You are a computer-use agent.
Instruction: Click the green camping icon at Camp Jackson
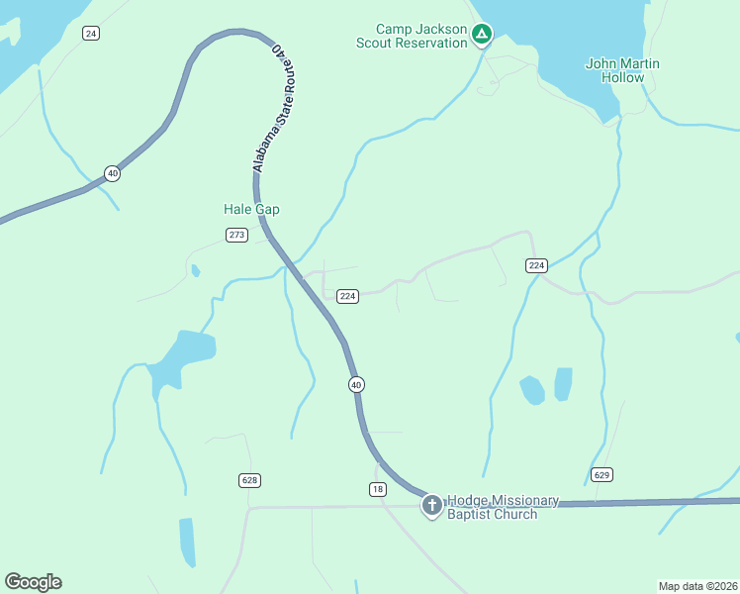pyautogui.click(x=481, y=36)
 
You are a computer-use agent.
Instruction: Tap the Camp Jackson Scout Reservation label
pyautogui.click(x=413, y=36)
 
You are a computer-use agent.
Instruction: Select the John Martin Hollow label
pyautogui.click(x=622, y=70)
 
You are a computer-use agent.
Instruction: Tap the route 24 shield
pyautogui.click(x=91, y=34)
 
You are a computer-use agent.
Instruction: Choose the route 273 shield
pyautogui.click(x=236, y=235)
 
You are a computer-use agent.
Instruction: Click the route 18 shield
pyautogui.click(x=377, y=489)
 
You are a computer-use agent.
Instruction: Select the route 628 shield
pyautogui.click(x=249, y=480)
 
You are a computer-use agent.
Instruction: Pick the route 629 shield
pyautogui.click(x=601, y=475)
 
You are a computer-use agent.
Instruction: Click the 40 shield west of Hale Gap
pyautogui.click(x=113, y=173)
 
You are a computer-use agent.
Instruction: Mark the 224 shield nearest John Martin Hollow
pyautogui.click(x=536, y=265)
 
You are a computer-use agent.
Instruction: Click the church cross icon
pyautogui.click(x=431, y=506)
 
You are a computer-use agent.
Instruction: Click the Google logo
pyautogui.click(x=33, y=581)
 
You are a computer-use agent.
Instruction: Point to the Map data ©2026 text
pyautogui.click(x=697, y=585)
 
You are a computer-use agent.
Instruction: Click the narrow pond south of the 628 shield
pyautogui.click(x=187, y=541)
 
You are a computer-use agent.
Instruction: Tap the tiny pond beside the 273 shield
pyautogui.click(x=195, y=270)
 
